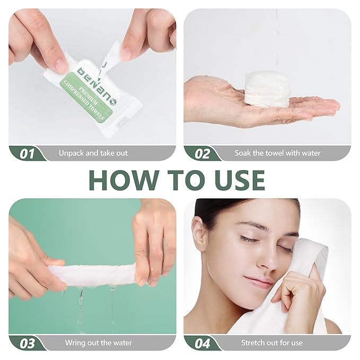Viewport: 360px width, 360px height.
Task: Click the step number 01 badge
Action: coord(27,154)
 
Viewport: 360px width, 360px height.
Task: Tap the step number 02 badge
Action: coord(202,154)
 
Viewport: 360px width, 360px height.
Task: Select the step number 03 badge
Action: coord(27,343)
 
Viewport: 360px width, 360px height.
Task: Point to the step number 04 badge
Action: coord(202,343)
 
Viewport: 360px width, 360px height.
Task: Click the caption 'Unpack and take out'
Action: coord(93,153)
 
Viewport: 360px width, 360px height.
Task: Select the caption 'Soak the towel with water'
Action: coord(277,153)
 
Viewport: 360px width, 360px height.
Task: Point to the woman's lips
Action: coord(259,280)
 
